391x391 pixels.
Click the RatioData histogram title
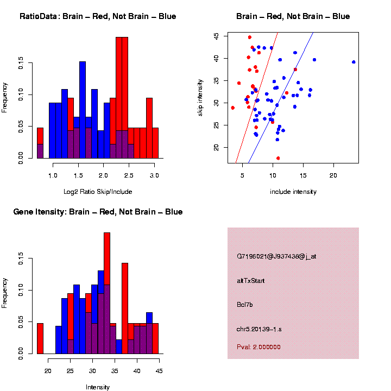pos(98,16)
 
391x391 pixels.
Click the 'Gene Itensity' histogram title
pos(98,212)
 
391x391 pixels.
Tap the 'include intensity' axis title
pos(293,192)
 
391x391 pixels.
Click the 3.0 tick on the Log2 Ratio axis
pos(154,176)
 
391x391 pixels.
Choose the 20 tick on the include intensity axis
pos(333,176)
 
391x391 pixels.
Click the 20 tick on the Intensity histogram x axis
pos(48,371)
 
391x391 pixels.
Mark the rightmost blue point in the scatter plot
pos(354,62)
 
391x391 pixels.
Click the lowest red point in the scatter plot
pos(278,158)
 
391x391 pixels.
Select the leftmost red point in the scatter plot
pos(233,108)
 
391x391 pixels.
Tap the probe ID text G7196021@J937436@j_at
pos(276,256)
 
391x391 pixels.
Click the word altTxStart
pos(251,281)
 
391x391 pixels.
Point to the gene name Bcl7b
pos(246,305)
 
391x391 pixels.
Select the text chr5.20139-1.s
pos(259,329)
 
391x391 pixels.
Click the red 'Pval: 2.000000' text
pos(258,346)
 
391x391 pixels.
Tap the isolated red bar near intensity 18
pos(40,338)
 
